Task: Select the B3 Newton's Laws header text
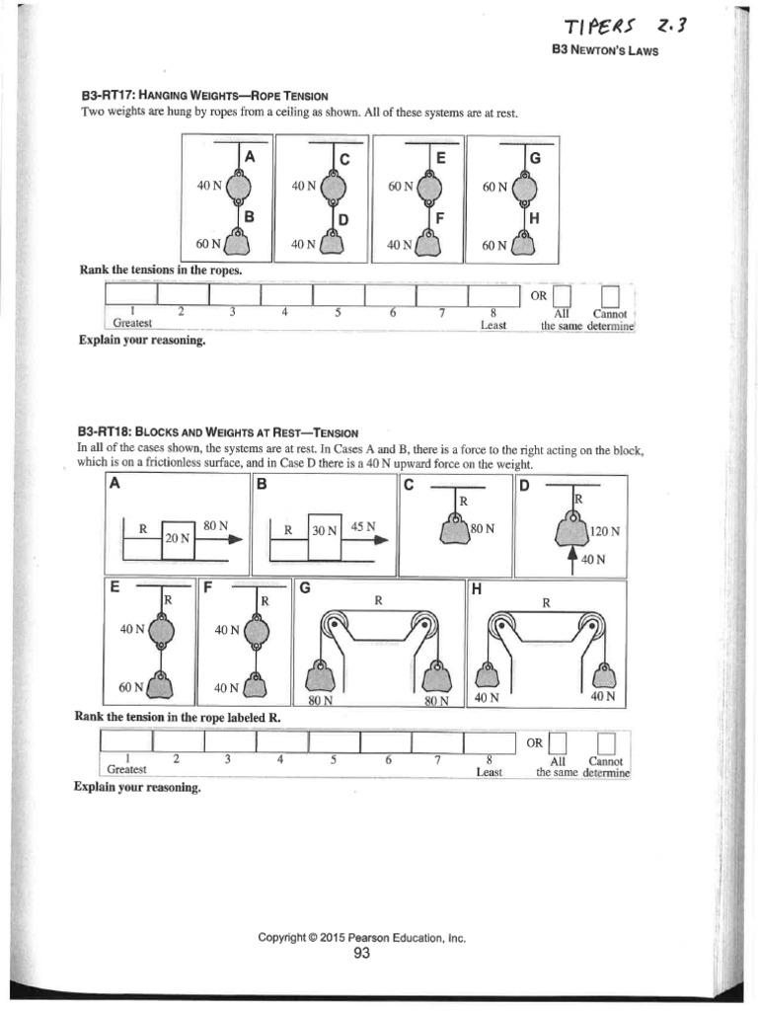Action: point(603,51)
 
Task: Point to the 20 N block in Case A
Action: point(178,537)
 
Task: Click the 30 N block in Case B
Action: point(325,529)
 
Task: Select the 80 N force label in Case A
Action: point(216,525)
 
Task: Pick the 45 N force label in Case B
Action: point(364,525)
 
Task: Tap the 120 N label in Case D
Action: point(604,531)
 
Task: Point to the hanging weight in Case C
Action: point(455,529)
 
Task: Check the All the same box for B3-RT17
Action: point(563,295)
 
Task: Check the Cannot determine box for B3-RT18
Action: point(607,742)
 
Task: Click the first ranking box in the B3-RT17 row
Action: point(130,295)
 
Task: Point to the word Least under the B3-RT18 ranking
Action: point(490,772)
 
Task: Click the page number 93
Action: point(361,953)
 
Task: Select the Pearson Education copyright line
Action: point(361,938)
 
